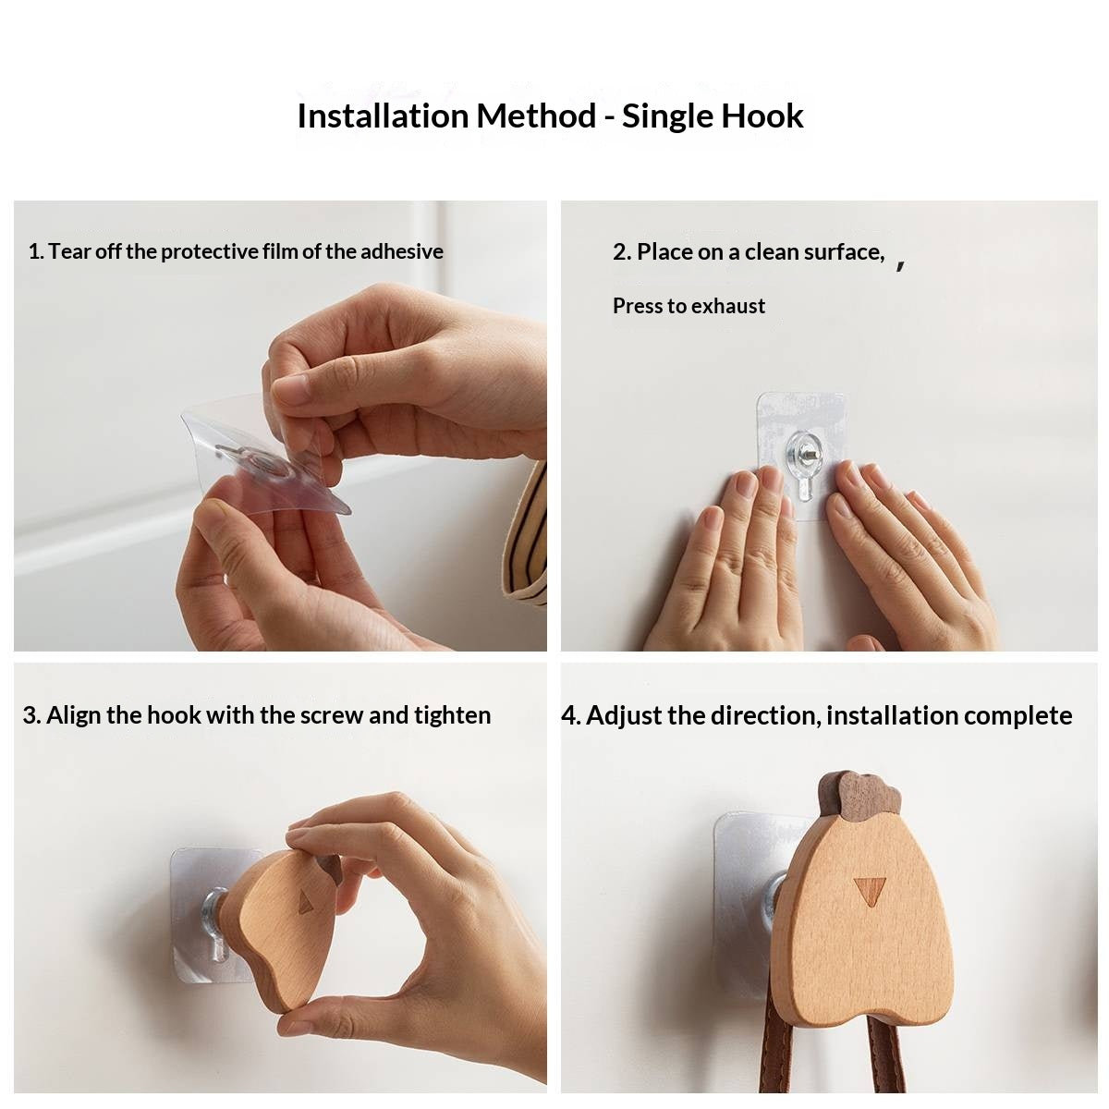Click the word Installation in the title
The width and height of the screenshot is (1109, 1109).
point(382,116)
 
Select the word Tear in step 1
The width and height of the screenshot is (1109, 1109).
point(67,251)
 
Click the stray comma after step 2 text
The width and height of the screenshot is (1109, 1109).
point(900,265)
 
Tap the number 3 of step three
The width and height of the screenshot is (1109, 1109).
point(30,715)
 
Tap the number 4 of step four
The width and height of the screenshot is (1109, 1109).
point(568,715)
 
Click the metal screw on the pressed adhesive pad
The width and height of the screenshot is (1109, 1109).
point(804,452)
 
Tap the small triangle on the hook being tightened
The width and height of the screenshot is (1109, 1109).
point(305,902)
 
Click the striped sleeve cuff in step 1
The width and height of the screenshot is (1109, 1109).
point(527,536)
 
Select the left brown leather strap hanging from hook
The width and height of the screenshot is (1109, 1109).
point(774,1054)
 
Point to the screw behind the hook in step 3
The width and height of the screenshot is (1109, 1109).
point(213,910)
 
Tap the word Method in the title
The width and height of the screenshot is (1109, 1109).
point(536,116)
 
